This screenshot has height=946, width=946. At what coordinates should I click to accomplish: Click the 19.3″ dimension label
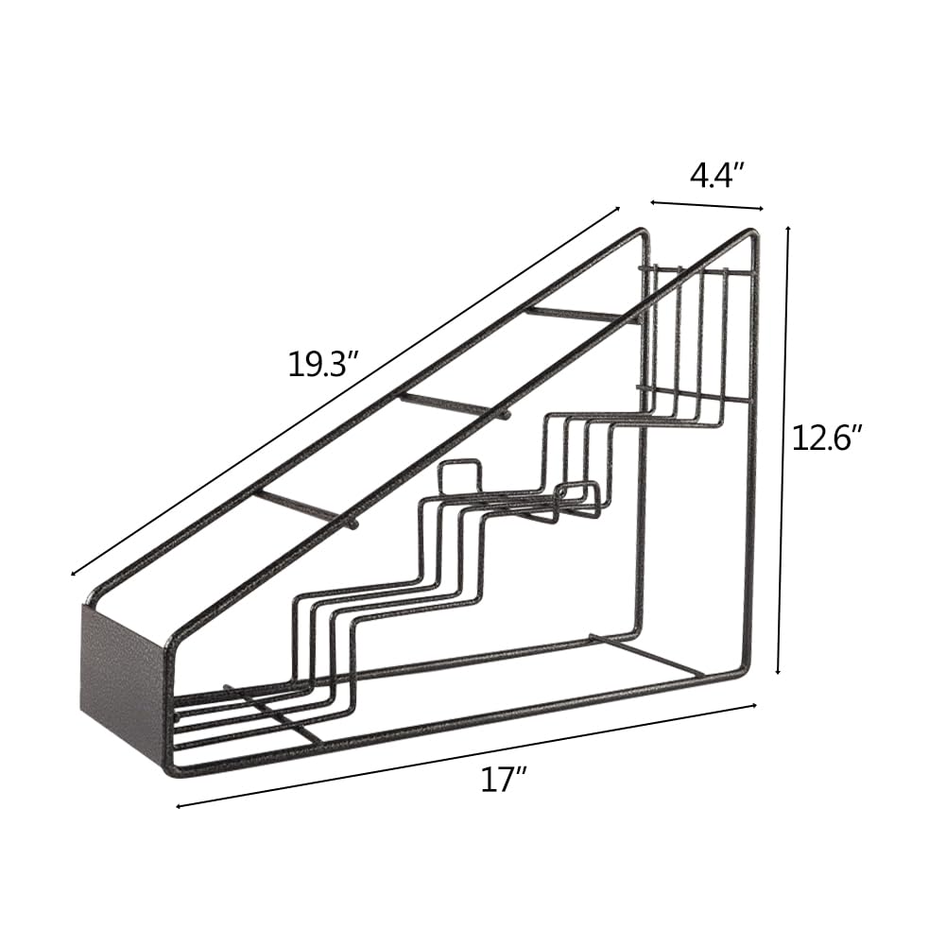coord(323,366)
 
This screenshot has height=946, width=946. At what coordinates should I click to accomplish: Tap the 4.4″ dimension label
coord(715,176)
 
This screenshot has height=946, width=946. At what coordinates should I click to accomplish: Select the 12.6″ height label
coord(826,438)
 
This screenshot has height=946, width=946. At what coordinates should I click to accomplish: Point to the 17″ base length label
coord(505,780)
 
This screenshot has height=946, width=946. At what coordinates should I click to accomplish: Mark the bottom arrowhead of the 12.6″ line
coord(779,671)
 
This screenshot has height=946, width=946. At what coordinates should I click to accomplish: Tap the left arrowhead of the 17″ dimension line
coord(180,806)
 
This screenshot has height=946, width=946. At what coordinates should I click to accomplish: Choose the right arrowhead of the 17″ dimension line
coord(753,705)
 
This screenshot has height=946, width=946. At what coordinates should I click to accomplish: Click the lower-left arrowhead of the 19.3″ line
coord(74,573)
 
